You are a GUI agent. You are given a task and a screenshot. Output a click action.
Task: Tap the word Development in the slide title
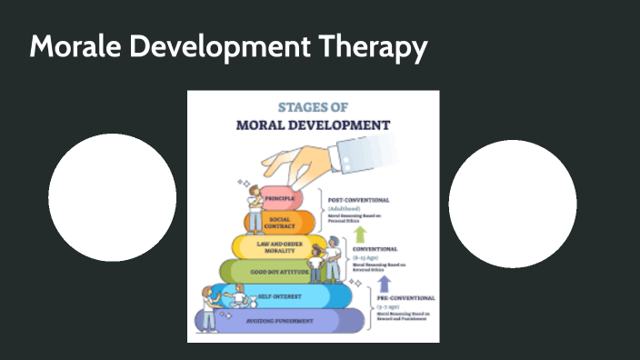220,48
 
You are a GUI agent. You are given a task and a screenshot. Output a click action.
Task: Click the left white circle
112,197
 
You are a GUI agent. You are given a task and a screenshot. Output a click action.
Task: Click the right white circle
513,204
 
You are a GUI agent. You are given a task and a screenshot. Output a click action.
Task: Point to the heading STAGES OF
313,106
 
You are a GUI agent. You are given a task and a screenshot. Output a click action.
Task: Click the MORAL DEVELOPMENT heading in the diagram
313,125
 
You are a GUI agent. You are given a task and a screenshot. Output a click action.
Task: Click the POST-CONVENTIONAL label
359,199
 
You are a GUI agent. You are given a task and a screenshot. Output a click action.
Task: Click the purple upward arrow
384,285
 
